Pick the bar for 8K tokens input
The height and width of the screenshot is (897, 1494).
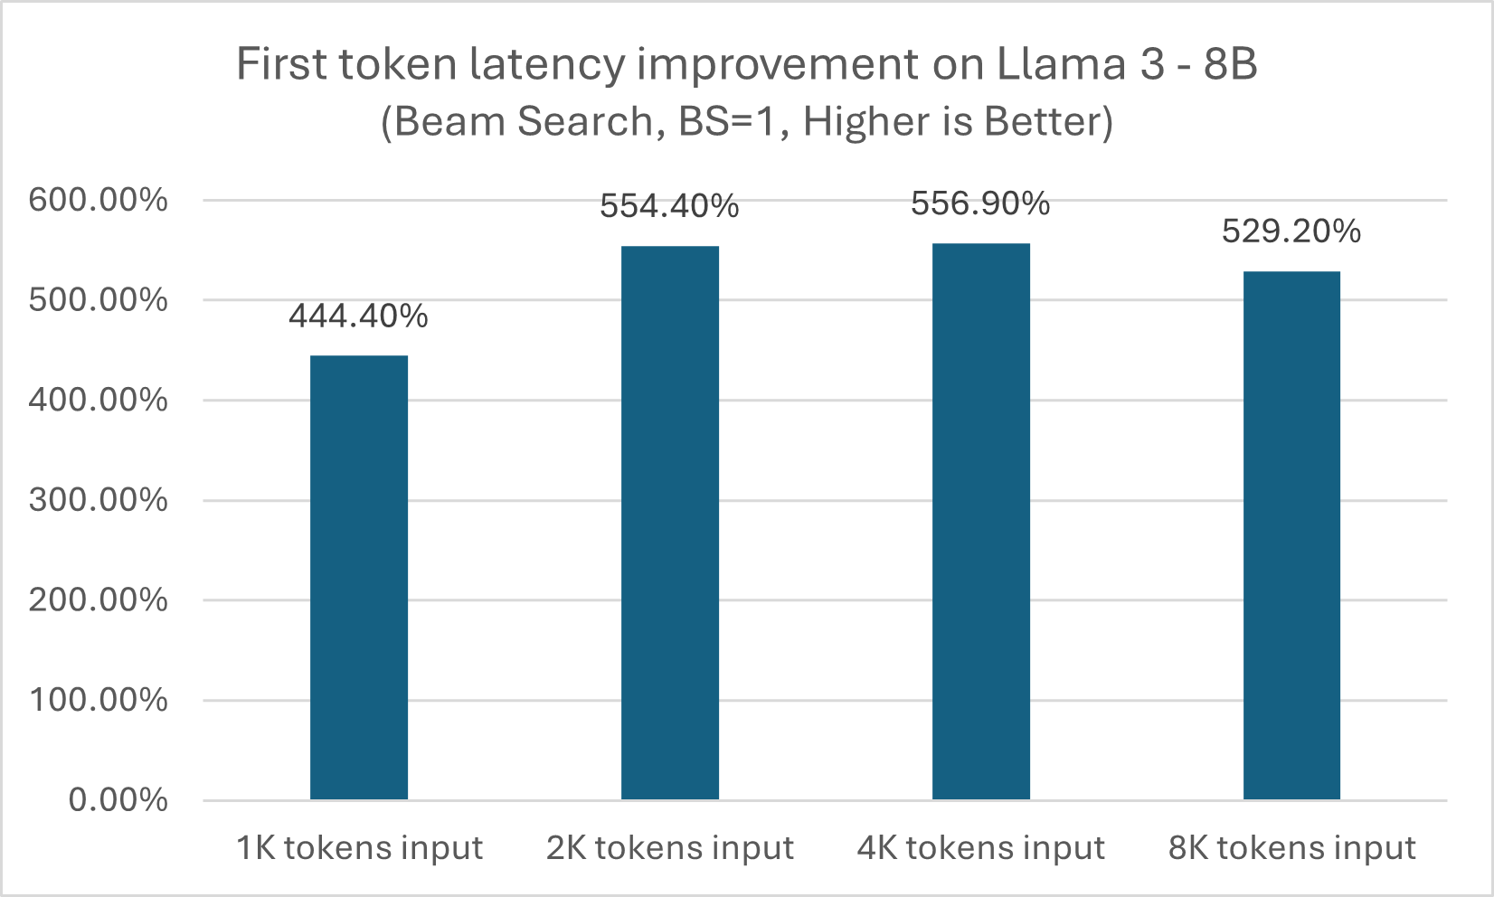(x=1291, y=535)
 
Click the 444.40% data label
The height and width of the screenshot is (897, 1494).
(x=359, y=316)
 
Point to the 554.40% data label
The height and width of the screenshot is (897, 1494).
(x=670, y=206)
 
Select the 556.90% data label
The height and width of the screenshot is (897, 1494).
(x=980, y=203)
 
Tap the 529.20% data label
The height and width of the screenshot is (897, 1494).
(x=1291, y=231)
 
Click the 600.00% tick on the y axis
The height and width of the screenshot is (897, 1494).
(x=99, y=200)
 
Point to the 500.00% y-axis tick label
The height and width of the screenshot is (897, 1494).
(x=99, y=300)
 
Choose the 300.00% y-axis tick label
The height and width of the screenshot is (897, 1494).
(x=99, y=500)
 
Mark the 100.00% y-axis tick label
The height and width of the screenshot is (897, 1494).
(x=99, y=700)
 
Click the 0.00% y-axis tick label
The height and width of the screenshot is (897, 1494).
(x=118, y=800)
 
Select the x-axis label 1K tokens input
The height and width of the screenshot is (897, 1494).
(x=359, y=848)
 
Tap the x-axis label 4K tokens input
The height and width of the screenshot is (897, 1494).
(x=981, y=848)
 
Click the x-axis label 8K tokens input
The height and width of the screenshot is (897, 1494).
(x=1291, y=848)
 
